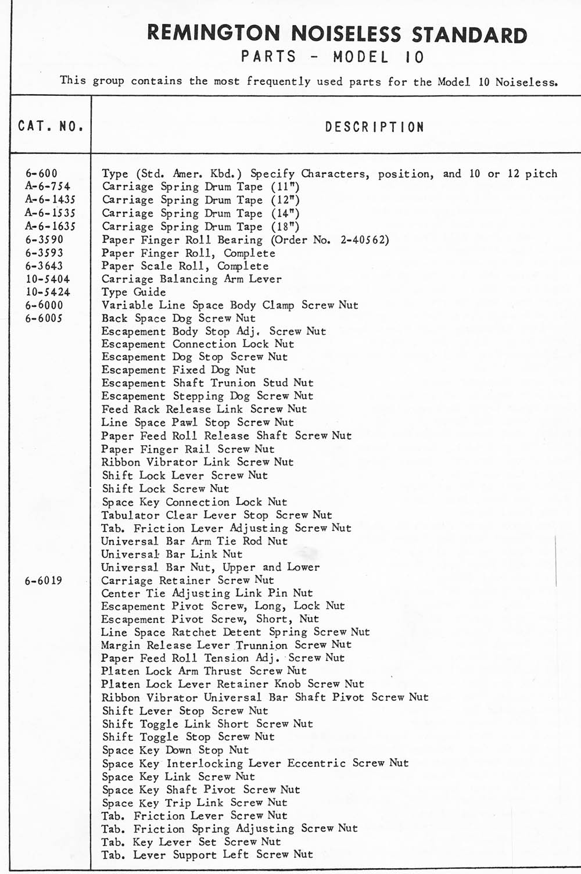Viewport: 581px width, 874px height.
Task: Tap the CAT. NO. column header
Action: [x=51, y=126]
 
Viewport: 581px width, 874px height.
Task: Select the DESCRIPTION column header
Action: [x=375, y=127]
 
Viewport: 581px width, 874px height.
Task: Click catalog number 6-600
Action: [x=41, y=173]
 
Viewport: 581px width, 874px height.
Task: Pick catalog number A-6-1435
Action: [x=50, y=200]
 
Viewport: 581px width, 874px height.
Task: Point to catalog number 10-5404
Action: [x=48, y=279]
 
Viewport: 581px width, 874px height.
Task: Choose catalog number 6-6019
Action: [x=44, y=581]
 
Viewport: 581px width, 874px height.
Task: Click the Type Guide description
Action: [x=134, y=292]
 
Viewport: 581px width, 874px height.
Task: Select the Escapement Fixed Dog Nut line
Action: [x=178, y=370]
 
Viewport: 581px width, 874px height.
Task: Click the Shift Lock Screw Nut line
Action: [x=166, y=489]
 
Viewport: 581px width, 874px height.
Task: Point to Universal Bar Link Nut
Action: [x=172, y=554]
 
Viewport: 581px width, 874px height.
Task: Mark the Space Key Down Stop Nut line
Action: [x=175, y=750]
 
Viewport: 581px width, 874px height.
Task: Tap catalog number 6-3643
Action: [x=44, y=266]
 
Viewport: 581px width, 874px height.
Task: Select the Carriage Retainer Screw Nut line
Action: [x=188, y=580]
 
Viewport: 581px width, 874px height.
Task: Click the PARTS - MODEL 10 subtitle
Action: [x=332, y=57]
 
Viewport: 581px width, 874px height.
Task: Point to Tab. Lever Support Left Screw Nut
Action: [x=207, y=854]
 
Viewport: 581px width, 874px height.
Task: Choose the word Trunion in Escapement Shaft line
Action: [x=233, y=383]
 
